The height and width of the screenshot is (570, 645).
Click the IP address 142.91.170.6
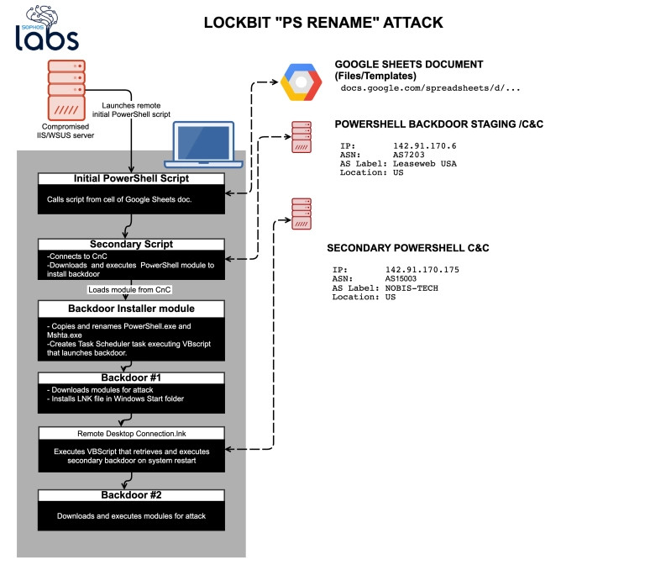coord(425,145)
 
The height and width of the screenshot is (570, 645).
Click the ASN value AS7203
coord(410,155)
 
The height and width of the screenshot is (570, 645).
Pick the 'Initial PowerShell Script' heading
coord(132,179)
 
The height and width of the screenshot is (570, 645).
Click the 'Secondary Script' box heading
coord(132,245)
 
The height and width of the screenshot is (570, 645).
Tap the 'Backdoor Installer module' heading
coord(132,309)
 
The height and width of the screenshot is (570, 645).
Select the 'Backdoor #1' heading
coord(132,377)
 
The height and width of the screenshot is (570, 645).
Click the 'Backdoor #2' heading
coord(132,495)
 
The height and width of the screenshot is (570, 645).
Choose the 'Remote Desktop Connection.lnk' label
coord(132,433)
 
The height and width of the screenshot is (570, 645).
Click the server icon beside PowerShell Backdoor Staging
coord(301,137)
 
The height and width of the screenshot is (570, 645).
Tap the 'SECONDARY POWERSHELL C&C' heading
coord(407,249)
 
